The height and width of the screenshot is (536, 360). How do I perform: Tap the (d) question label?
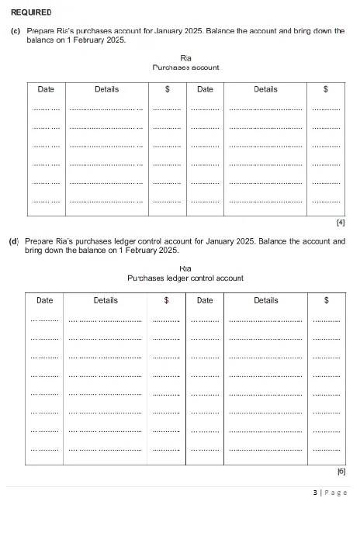tap(14, 241)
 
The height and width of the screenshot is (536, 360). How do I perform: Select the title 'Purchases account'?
tap(185, 67)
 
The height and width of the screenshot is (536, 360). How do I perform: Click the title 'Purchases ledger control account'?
tap(185, 278)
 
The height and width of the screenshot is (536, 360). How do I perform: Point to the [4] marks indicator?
tap(341, 223)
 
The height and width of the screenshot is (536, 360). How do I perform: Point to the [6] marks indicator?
tap(341, 471)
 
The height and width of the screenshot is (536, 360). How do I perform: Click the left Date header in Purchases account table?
tap(46, 89)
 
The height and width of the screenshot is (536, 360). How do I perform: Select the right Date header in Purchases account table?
tap(205, 89)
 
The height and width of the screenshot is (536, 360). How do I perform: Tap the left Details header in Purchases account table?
tap(106, 89)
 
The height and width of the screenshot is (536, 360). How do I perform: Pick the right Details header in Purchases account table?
tap(265, 89)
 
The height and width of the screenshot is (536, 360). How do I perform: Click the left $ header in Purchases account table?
tap(167, 89)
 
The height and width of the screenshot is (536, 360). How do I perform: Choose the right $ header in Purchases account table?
tap(326, 89)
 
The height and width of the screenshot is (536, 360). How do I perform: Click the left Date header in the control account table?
tap(45, 299)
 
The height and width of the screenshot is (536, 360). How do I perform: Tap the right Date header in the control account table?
tap(205, 299)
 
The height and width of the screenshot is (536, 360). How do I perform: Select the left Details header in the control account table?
tap(106, 299)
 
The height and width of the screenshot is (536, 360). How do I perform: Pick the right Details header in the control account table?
tap(265, 299)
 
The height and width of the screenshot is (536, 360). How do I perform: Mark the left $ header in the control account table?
tap(167, 299)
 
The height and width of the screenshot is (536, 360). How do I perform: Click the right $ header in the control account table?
tap(326, 299)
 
